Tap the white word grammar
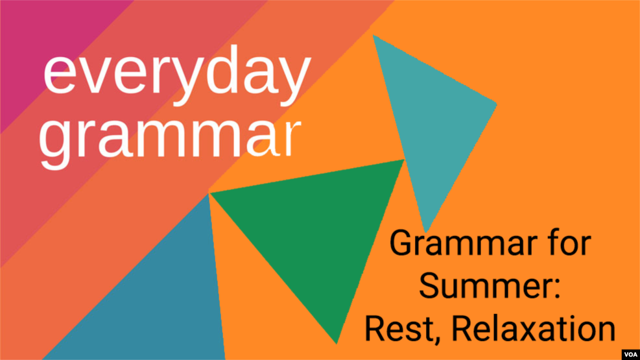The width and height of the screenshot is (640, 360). [x=170, y=140]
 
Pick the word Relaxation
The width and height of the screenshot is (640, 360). [x=534, y=328]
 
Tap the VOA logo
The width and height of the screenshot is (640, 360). [x=631, y=354]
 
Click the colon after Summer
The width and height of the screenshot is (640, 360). [x=557, y=289]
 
